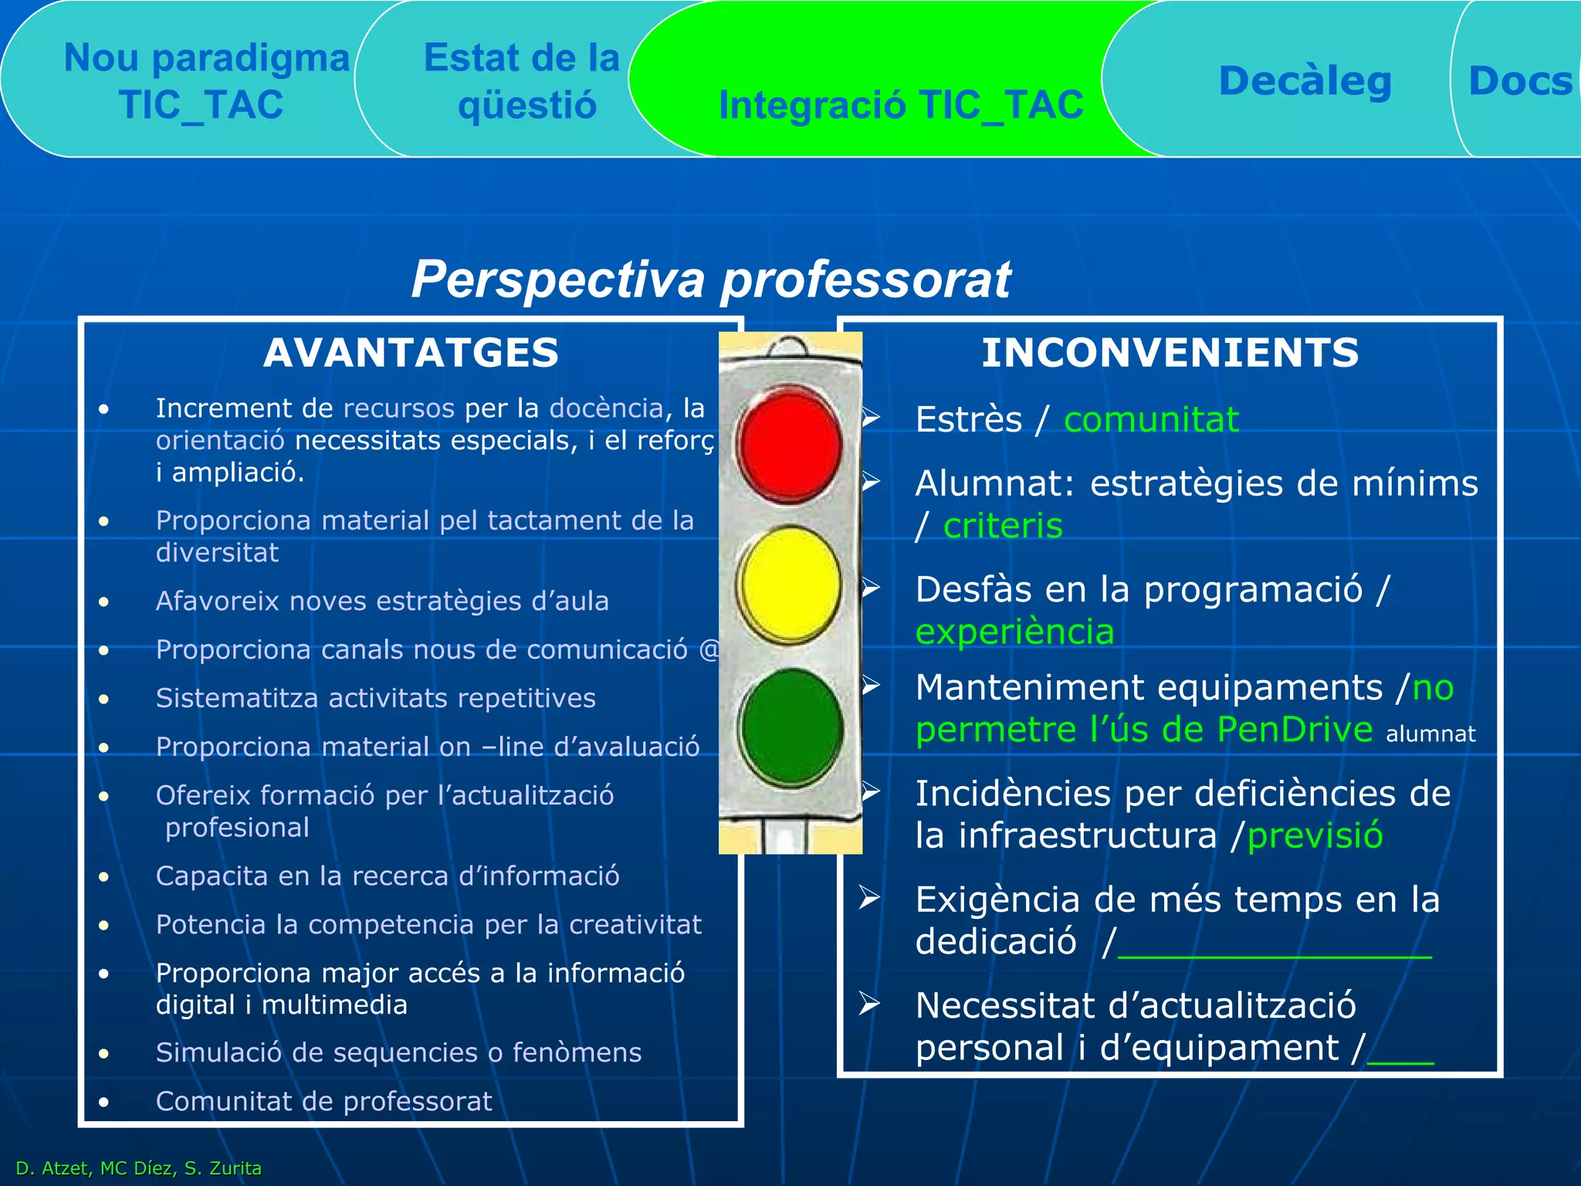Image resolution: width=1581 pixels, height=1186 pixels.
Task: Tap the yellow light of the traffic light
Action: (x=789, y=585)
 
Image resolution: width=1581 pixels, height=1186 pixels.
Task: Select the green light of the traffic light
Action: (x=790, y=727)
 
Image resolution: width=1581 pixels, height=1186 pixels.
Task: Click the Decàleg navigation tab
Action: (x=1305, y=81)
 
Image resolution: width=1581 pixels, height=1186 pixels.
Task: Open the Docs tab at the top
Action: (x=1519, y=81)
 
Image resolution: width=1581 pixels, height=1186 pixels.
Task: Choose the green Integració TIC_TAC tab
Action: (x=900, y=104)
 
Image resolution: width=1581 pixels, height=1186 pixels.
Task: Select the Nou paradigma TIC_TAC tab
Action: (x=205, y=81)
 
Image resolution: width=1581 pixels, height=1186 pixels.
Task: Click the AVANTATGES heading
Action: (x=411, y=353)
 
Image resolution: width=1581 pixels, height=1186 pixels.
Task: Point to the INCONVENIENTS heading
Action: (x=1170, y=353)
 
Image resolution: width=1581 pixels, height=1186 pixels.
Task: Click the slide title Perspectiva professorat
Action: (x=710, y=279)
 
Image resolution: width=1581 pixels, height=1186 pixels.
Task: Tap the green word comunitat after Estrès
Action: (x=1150, y=420)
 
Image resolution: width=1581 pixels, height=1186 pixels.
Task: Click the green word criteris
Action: (x=1003, y=526)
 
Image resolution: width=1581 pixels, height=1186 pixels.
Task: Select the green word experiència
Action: (x=1014, y=632)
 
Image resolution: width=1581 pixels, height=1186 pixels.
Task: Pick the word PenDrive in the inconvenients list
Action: (x=1295, y=730)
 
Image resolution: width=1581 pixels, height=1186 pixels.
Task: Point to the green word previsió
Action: (x=1315, y=835)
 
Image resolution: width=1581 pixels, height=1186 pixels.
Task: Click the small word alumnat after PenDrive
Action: (x=1430, y=734)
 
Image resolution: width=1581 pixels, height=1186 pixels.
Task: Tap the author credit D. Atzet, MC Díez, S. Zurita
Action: (x=139, y=1168)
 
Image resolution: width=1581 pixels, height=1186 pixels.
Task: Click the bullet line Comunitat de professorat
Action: (x=323, y=1101)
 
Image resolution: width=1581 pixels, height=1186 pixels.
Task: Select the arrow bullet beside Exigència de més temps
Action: (x=870, y=897)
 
